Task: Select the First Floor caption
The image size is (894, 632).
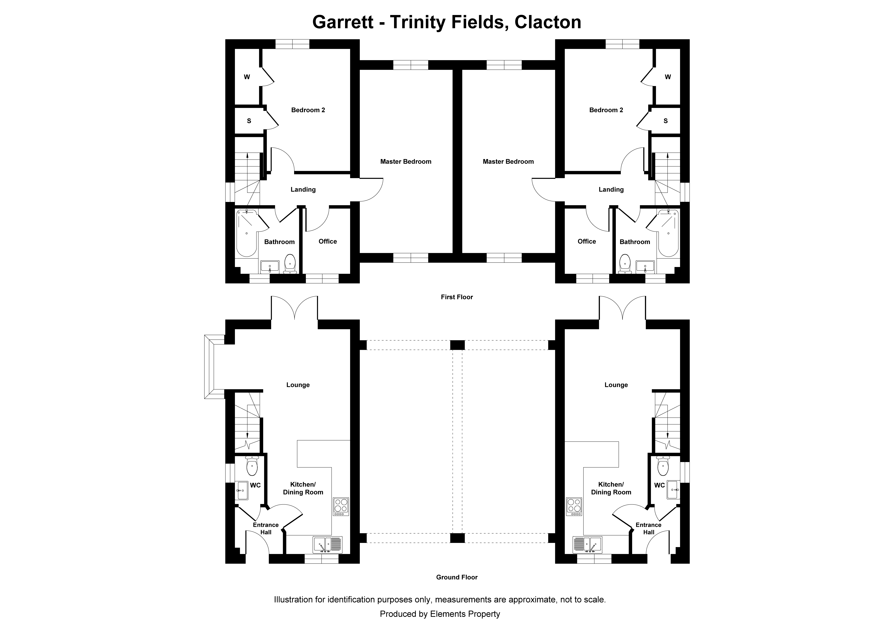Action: pyautogui.click(x=457, y=297)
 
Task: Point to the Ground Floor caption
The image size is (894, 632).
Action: pyautogui.click(x=457, y=577)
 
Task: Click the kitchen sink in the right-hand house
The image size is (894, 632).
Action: pyautogui.click(x=587, y=545)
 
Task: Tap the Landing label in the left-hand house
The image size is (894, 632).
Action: pyautogui.click(x=303, y=189)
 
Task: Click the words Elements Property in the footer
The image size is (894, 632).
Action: pyautogui.click(x=465, y=614)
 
